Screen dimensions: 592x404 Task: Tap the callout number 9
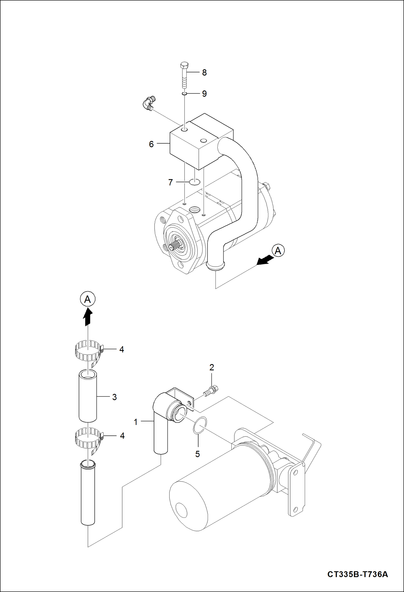tap(204, 94)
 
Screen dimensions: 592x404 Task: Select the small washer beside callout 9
tap(184, 93)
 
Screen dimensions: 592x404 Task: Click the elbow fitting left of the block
tap(148, 103)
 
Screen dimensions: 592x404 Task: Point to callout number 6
tap(151, 144)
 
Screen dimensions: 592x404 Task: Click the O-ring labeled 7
tap(194, 182)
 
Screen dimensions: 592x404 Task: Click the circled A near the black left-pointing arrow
tap(278, 251)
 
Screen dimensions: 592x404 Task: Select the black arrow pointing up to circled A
tap(88, 317)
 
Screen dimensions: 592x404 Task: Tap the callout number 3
tap(114, 397)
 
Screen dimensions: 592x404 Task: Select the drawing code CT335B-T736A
tap(358, 574)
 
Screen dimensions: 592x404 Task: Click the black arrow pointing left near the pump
tap(264, 260)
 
